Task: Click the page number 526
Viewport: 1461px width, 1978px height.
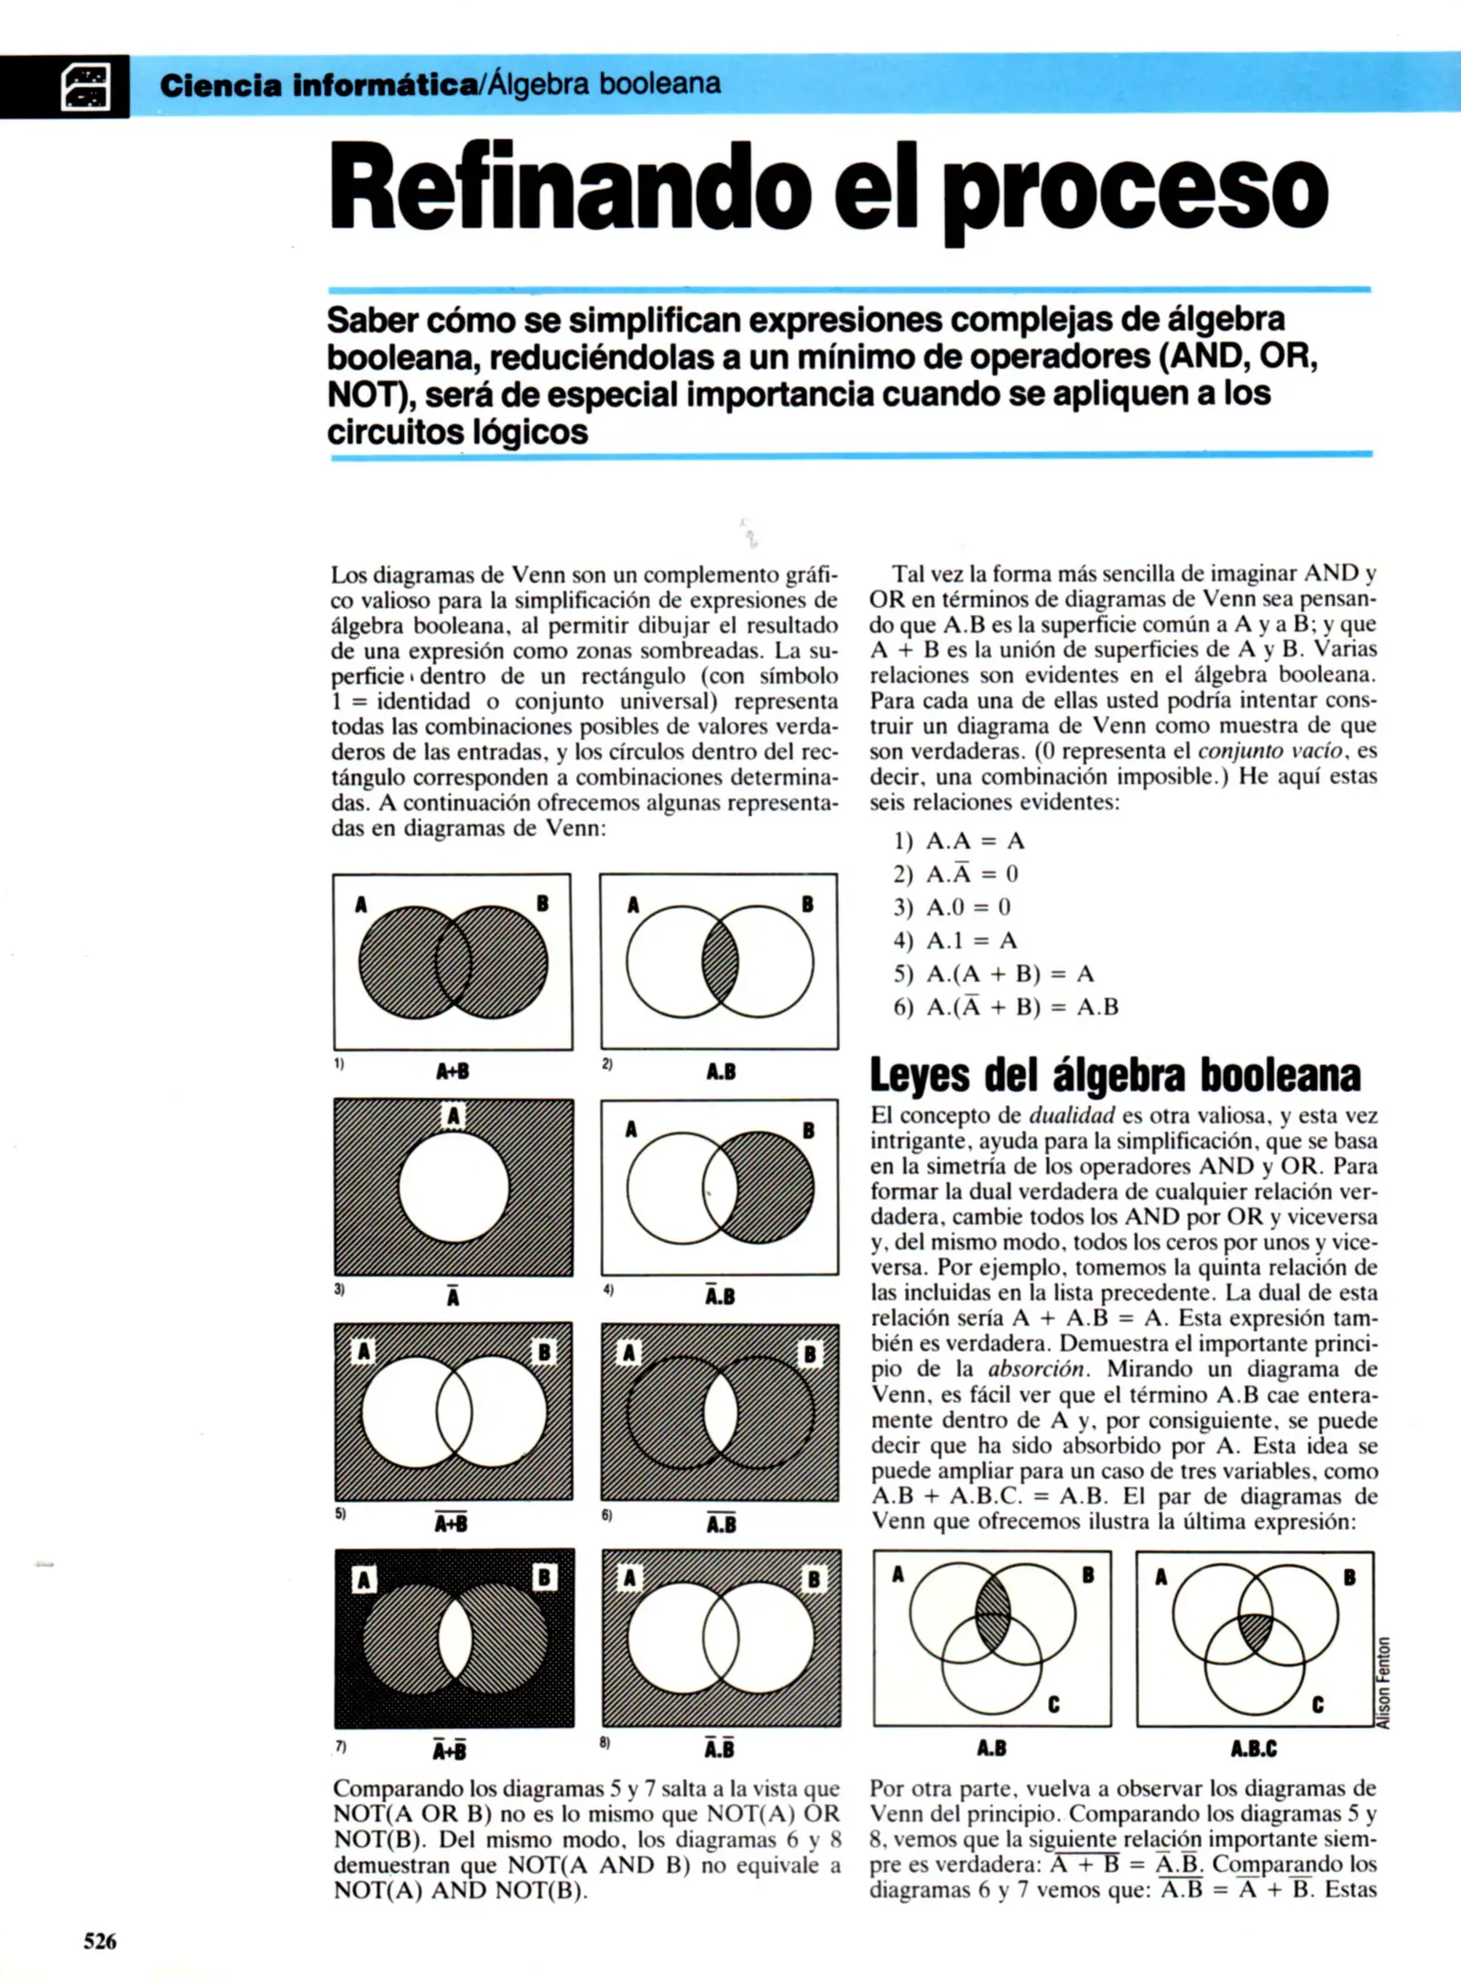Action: pos(100,1940)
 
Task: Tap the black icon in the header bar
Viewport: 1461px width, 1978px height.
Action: pos(85,86)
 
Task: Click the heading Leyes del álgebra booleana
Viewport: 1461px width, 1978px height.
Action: pos(1114,1075)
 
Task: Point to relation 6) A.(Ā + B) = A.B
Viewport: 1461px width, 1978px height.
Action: pos(1006,1007)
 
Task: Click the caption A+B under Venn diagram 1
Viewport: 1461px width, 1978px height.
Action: pos(452,1071)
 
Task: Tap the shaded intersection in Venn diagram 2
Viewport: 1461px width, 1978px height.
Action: pos(720,962)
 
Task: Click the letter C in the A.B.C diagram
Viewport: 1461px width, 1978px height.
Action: pos(1317,1704)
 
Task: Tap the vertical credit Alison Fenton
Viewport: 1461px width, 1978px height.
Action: pos(1384,1682)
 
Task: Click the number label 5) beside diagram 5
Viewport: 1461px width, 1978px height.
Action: pos(340,1513)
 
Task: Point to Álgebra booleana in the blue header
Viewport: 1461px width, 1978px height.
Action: pos(605,84)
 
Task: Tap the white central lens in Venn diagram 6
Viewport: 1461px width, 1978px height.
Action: pos(721,1413)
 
